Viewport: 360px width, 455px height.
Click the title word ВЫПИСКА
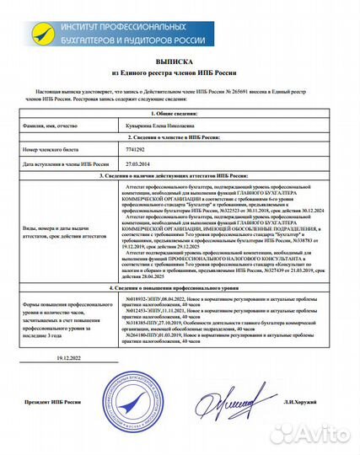coord(179,62)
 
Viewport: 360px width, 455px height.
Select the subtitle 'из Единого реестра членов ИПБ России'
coord(179,75)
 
